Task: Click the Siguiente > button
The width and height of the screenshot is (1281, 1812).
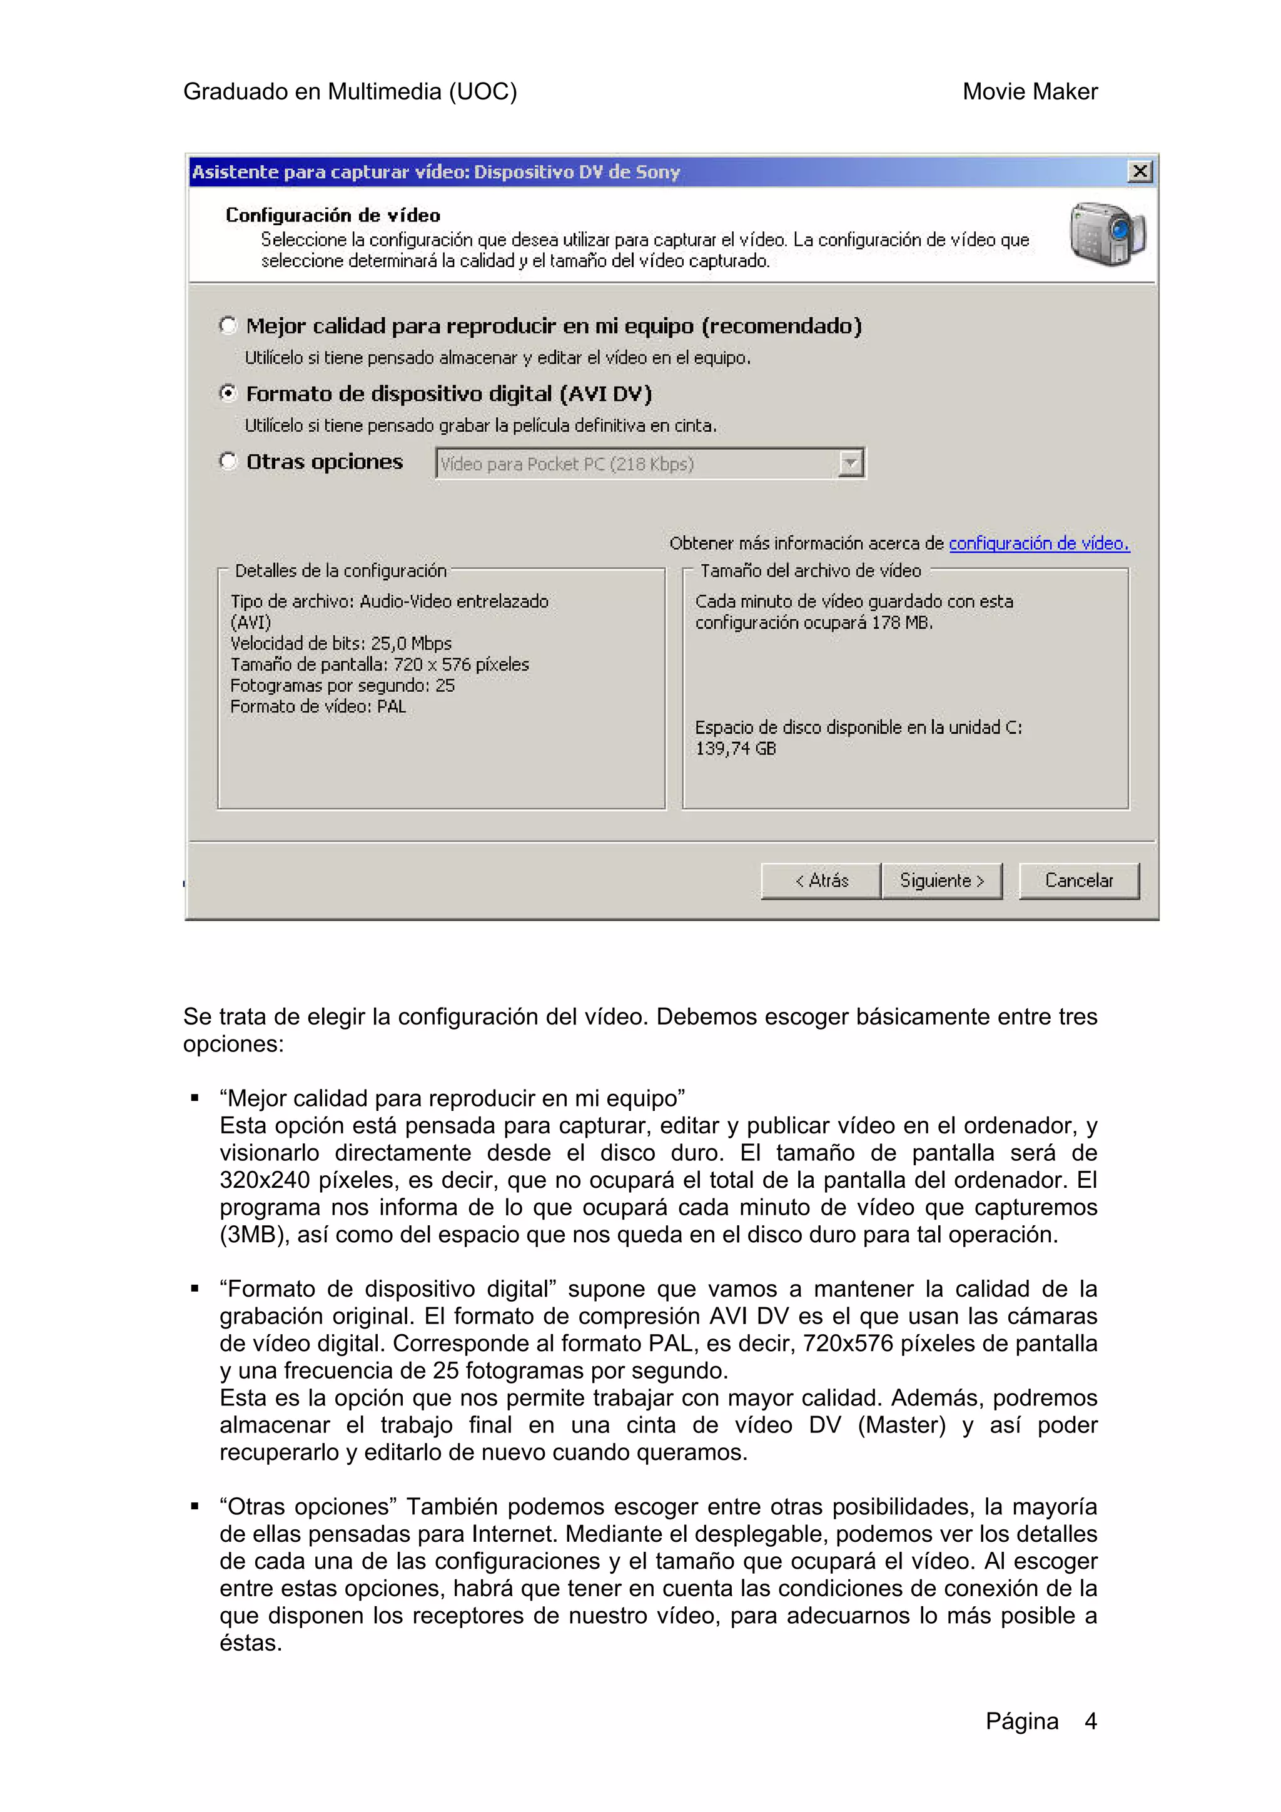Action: point(941,880)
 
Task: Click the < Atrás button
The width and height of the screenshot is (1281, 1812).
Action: point(820,880)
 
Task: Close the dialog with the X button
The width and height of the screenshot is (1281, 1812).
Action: point(1139,171)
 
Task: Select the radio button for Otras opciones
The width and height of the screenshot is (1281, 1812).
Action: point(228,461)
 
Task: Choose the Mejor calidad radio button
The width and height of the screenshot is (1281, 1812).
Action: point(228,325)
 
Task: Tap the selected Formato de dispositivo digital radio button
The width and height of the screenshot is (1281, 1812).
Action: point(228,393)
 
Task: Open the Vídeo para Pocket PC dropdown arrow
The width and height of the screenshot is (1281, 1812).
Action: point(850,463)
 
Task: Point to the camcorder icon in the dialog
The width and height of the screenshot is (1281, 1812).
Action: point(1106,235)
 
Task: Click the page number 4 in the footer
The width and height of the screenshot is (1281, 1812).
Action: point(1090,1721)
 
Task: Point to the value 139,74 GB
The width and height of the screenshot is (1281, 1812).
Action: point(735,748)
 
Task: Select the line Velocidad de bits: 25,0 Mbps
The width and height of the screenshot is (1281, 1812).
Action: point(340,643)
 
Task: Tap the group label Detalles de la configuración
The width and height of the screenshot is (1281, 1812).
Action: point(340,570)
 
